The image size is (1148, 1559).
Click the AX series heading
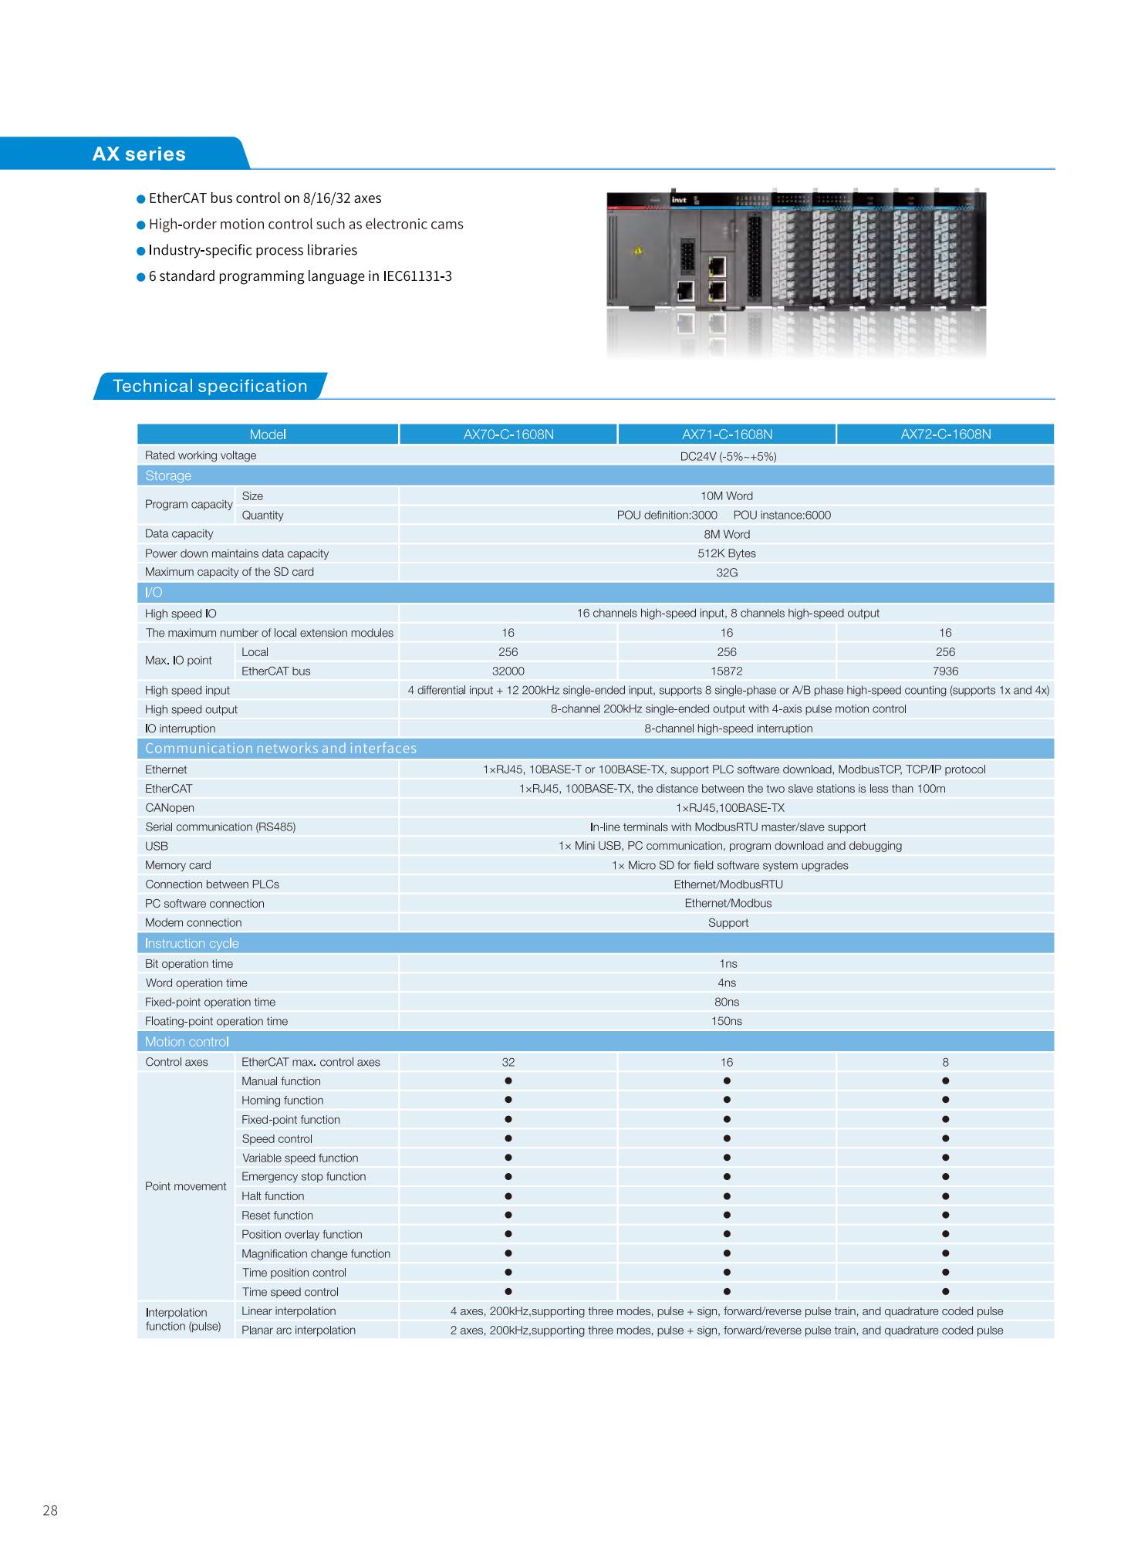[139, 154]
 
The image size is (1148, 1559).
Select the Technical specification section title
[210, 387]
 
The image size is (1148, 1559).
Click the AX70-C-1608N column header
[508, 435]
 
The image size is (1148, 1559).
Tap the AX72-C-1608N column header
[945, 435]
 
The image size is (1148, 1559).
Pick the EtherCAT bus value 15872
[726, 671]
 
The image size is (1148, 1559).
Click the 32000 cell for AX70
[508, 671]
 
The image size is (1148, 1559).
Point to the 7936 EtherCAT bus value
[945, 671]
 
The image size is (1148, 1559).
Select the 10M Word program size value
[726, 496]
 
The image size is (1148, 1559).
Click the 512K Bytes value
[726, 553]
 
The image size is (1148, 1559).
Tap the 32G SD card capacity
[726, 573]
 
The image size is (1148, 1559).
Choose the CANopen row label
[170, 808]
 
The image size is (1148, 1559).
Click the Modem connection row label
[193, 923]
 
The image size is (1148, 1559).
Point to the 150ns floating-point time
[726, 1021]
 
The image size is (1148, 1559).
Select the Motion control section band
[187, 1042]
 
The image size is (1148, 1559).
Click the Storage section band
[168, 476]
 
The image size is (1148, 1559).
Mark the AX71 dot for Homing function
[726, 1101]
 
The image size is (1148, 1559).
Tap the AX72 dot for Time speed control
[945, 1292]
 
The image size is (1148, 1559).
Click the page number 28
[50, 1510]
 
